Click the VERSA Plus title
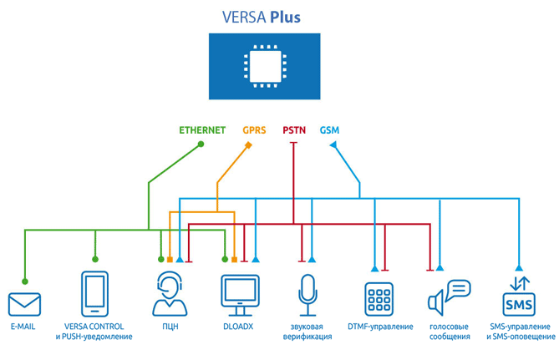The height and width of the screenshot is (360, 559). [262, 17]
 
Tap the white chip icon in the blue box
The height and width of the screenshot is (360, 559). [265, 66]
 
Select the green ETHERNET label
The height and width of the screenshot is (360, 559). [202, 130]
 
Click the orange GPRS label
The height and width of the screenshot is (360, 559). [254, 130]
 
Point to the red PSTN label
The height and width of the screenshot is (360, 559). [294, 130]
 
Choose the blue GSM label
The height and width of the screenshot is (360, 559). [329, 130]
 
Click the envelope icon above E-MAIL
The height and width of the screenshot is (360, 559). [24, 304]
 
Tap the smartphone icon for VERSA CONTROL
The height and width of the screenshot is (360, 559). [94, 294]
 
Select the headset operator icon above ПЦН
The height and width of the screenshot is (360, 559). [170, 294]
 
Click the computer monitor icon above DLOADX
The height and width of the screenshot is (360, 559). [240, 295]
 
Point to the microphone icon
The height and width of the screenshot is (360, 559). [307, 295]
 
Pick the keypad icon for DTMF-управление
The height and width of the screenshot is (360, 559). [379, 299]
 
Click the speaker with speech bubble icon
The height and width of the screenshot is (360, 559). [450, 297]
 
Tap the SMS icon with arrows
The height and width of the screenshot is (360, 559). [519, 297]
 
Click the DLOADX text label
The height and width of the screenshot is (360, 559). [238, 327]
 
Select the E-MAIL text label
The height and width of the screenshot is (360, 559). [23, 327]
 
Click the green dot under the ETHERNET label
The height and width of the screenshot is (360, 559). [201, 144]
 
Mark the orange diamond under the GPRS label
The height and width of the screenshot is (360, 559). [248, 145]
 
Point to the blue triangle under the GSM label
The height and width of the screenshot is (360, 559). [333, 145]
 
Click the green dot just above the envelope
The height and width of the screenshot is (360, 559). [24, 281]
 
